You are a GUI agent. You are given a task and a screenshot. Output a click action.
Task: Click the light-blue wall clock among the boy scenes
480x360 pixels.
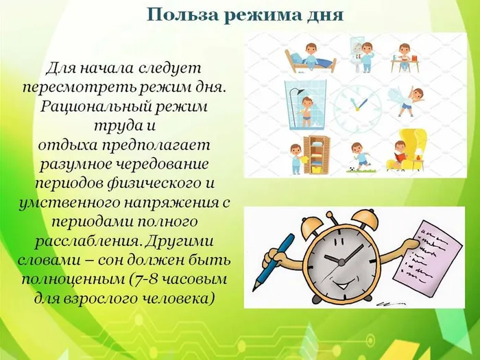357,104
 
